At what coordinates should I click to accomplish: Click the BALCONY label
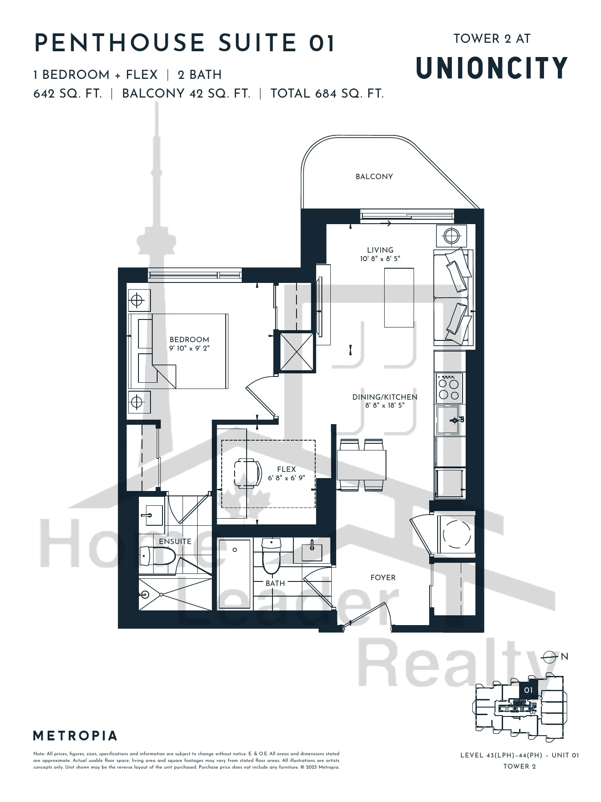[374, 176]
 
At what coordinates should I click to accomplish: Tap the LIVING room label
[380, 250]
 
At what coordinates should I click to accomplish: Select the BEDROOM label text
[189, 340]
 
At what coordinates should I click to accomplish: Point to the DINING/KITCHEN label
[385, 397]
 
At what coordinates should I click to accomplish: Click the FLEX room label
[286, 469]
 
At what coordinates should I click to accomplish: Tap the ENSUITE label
[175, 541]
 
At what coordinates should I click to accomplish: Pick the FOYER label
[383, 577]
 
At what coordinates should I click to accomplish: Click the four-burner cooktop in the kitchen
[449, 388]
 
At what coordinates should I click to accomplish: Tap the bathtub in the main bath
[235, 573]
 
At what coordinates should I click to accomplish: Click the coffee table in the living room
[399, 298]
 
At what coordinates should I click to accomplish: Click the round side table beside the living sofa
[451, 235]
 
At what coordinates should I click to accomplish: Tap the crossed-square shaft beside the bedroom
[296, 351]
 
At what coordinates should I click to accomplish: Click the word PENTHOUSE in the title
[119, 43]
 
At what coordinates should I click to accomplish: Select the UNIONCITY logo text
[492, 68]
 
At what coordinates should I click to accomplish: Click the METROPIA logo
[75, 736]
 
